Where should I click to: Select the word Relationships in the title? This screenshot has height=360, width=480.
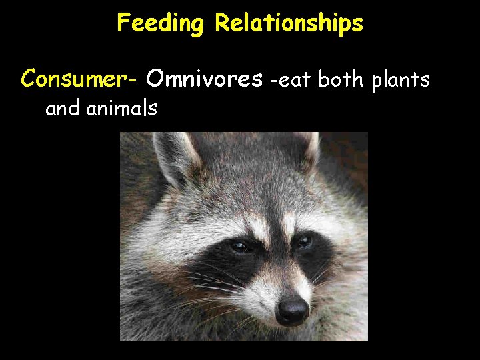(x=289, y=23)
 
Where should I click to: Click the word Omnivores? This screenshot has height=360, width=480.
(x=204, y=79)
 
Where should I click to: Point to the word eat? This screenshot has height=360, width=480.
(x=294, y=80)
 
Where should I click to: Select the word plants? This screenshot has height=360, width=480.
(x=402, y=81)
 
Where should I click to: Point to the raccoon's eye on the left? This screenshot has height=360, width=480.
(x=239, y=246)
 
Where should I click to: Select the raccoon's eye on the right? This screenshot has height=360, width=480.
(x=305, y=241)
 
